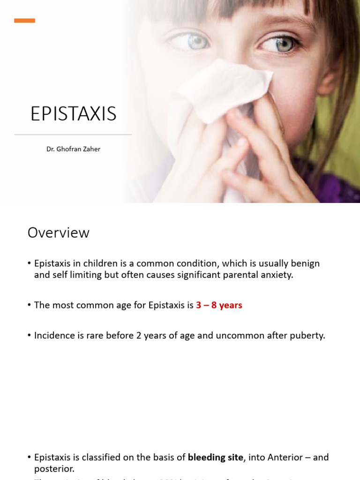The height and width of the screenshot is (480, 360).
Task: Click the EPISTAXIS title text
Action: (x=73, y=114)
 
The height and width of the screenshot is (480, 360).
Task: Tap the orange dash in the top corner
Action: (x=24, y=21)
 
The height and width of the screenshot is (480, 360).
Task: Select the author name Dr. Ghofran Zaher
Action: (x=73, y=149)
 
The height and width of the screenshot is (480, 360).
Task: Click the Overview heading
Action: (x=58, y=232)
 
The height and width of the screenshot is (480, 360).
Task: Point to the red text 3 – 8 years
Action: (x=219, y=305)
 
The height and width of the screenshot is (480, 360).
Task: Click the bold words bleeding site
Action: (x=216, y=457)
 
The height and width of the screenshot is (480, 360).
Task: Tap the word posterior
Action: (x=53, y=469)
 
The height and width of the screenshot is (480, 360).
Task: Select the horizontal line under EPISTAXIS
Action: (x=73, y=135)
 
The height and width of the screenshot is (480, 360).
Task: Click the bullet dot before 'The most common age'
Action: (x=30, y=306)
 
